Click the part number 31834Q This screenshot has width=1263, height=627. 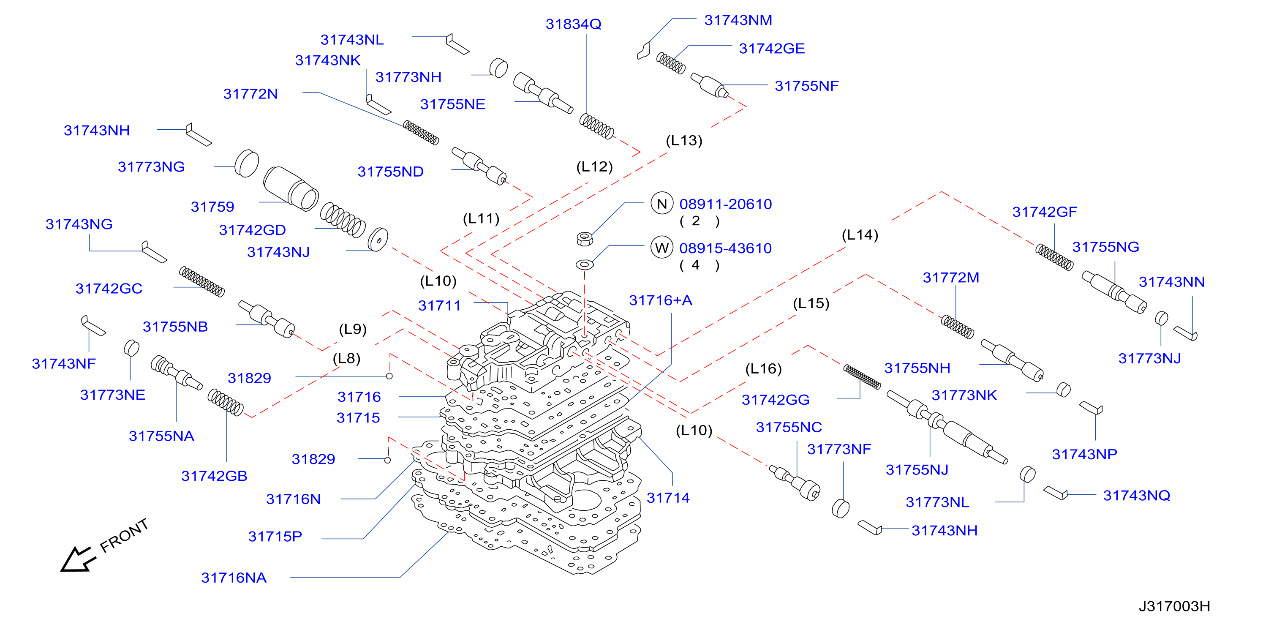click(x=573, y=24)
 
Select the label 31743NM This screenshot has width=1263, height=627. click(x=738, y=20)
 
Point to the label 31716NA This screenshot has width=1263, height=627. click(x=234, y=578)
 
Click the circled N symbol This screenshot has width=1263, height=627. click(x=662, y=204)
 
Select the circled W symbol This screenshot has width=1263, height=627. click(x=662, y=248)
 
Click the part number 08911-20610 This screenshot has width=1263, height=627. click(x=726, y=204)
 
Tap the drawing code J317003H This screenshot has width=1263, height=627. click(x=1174, y=606)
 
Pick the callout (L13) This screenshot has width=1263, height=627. click(x=684, y=141)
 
